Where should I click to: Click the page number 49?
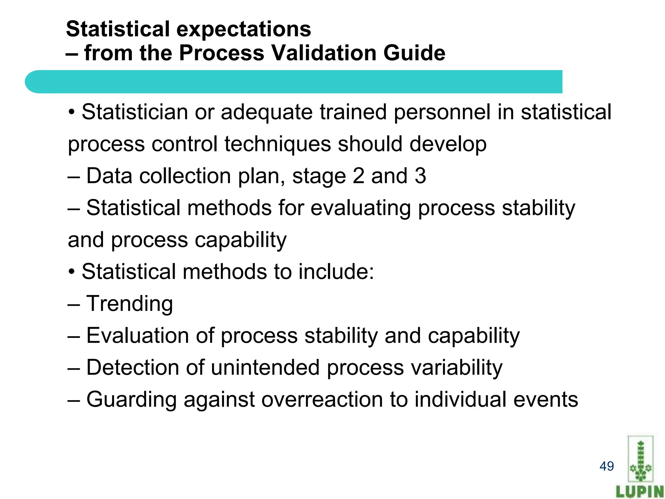[x=607, y=466]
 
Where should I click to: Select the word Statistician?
[x=134, y=112]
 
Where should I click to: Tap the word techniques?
[x=278, y=144]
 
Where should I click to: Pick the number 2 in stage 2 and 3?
[x=358, y=176]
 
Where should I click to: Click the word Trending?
[x=130, y=304]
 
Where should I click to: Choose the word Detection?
[x=132, y=367]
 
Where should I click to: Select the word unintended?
[x=265, y=367]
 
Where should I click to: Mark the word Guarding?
[x=132, y=400]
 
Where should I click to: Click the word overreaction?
[x=322, y=400]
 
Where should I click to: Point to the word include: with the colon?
[x=336, y=272]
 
